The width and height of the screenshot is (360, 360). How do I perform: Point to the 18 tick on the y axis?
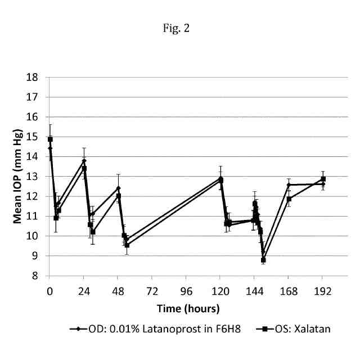[39, 77]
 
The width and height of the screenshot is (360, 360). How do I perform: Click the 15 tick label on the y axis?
[39, 137]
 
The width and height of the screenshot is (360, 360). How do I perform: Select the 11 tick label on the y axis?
[39, 217]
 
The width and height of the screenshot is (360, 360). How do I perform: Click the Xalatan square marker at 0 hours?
[50, 139]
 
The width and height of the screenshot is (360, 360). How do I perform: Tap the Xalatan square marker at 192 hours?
[323, 179]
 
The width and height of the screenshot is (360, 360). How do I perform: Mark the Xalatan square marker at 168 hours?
[289, 199]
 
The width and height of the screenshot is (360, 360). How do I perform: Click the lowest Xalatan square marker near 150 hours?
[263, 260]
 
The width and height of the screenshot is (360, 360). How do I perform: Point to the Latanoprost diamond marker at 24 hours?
[84, 160]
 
